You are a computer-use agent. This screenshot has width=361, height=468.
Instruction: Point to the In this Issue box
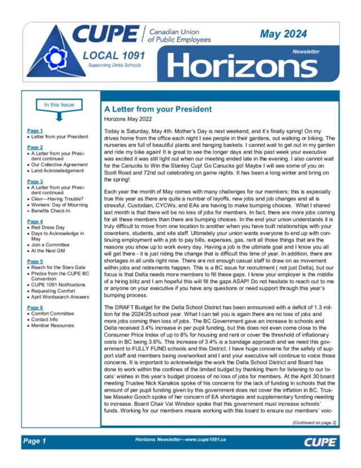pyautogui.click(x=55, y=104)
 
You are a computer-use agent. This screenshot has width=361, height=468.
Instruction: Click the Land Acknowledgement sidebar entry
pyautogui.click(x=57, y=170)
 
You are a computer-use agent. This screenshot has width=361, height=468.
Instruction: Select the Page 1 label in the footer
pyautogui.click(x=34, y=440)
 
